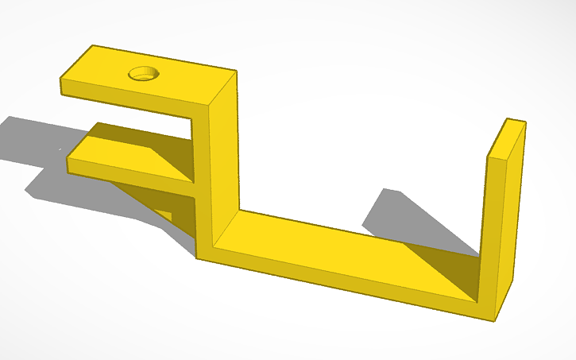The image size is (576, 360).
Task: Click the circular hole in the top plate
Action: coord(145,74)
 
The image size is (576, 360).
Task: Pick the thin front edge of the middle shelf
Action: coord(127,177)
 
